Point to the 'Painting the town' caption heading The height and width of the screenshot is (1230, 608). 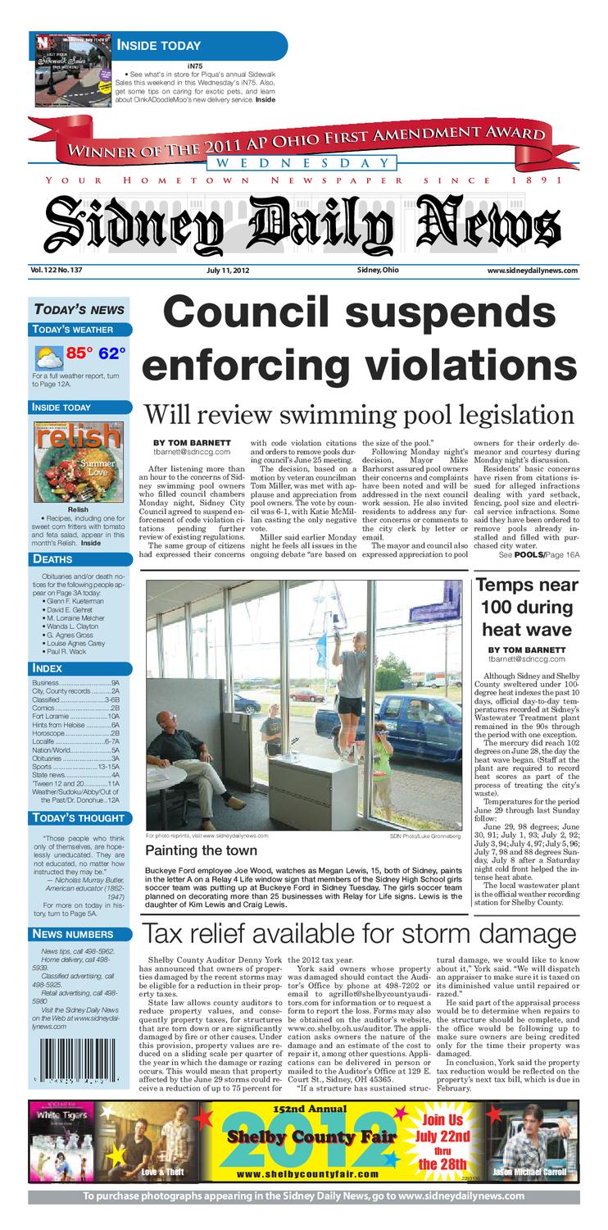pyautogui.click(x=202, y=851)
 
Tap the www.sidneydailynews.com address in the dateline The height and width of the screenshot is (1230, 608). pyautogui.click(x=533, y=271)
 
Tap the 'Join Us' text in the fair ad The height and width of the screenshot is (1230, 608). pyautogui.click(x=442, y=1119)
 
